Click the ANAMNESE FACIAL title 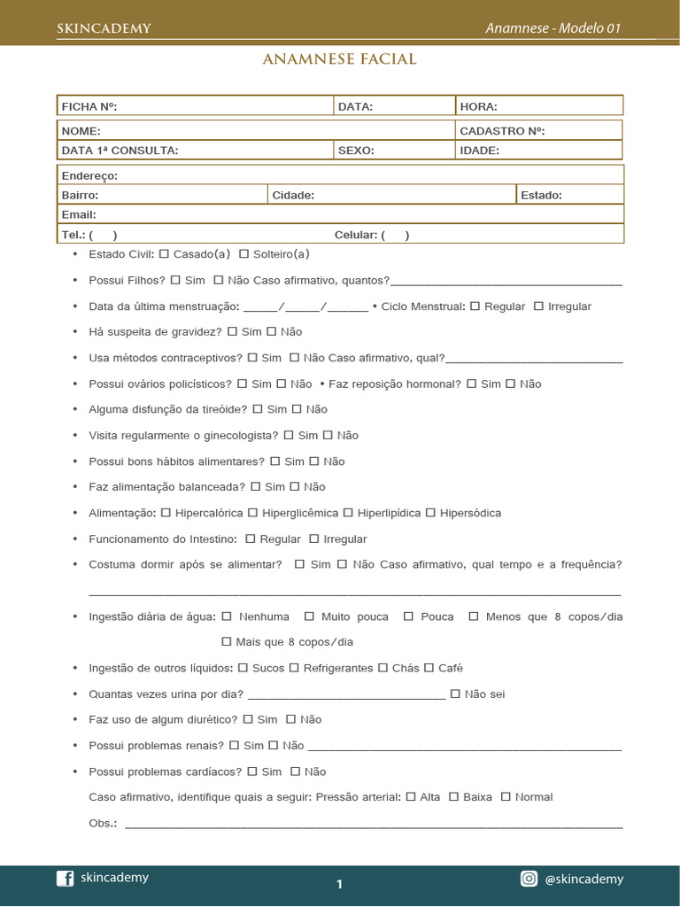pos(339,59)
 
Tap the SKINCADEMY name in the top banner pos(104,28)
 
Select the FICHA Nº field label pos(89,106)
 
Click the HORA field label pos(479,106)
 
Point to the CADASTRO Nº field pos(502,131)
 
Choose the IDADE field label pos(480,151)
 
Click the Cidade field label pos(293,195)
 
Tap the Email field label pos(79,214)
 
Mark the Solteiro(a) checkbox pos(243,254)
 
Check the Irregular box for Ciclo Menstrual pos(538,306)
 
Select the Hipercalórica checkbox pos(166,513)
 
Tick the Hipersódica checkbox pos(430,513)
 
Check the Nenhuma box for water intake pos(227,616)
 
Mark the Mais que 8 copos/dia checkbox pos(227,642)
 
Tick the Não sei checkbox pos(455,694)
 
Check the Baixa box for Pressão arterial pos(453,797)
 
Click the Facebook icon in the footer pos(65,879)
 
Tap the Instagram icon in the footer pos(529,879)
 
